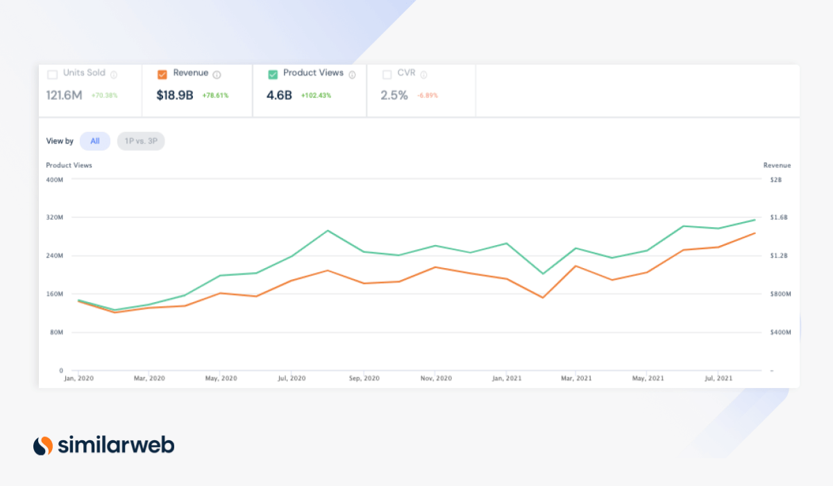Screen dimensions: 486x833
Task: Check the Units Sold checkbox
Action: [x=52, y=74]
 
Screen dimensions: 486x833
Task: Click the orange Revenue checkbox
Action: [x=162, y=74]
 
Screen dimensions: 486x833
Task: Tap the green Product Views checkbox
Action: [x=273, y=74]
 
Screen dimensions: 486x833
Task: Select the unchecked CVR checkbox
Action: [x=387, y=74]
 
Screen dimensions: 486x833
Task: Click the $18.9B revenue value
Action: [x=175, y=95]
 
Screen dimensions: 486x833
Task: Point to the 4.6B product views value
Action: [x=279, y=95]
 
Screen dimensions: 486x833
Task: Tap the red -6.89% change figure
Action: [x=428, y=96]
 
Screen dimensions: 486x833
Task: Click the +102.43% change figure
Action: [x=316, y=96]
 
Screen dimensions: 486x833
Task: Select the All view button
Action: [x=95, y=141]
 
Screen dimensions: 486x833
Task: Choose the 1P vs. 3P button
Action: [x=141, y=141]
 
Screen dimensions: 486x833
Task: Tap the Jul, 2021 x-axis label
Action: [x=718, y=378]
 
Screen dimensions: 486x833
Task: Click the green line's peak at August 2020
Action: [x=327, y=231]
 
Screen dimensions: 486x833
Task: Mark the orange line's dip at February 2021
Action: [x=542, y=298]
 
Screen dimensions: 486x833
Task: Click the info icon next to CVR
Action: [x=423, y=74]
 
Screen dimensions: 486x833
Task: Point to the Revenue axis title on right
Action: [x=777, y=165]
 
